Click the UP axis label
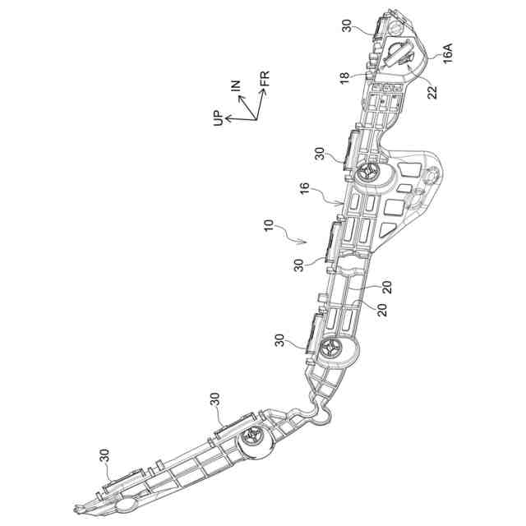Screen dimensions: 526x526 217,120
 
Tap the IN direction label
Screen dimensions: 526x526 236,85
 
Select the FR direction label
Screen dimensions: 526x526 264,80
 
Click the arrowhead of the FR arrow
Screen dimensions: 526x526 262,90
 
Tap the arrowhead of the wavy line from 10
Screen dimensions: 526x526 306,242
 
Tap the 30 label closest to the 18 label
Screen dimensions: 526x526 348,27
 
